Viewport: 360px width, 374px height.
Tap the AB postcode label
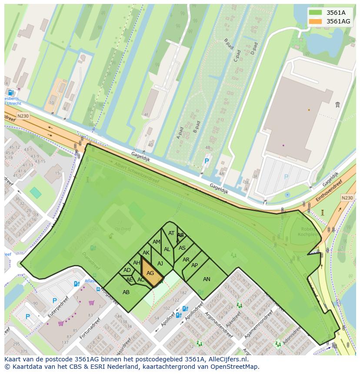tap(126, 292)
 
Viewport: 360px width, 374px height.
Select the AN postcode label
tap(207, 279)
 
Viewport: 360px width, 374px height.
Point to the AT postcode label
tap(171, 233)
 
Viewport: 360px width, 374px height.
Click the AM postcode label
tap(157, 242)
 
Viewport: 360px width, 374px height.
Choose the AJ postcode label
tap(160, 264)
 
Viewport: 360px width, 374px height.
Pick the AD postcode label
tap(127, 270)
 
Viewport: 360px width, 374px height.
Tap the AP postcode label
tap(194, 265)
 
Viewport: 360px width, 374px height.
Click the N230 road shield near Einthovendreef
tap(347, 198)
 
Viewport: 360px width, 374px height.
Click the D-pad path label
tap(254, 48)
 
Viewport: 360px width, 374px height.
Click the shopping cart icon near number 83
tap(91, 303)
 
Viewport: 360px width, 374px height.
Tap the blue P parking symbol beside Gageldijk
tap(207, 161)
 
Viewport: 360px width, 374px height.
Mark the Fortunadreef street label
tap(92, 327)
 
